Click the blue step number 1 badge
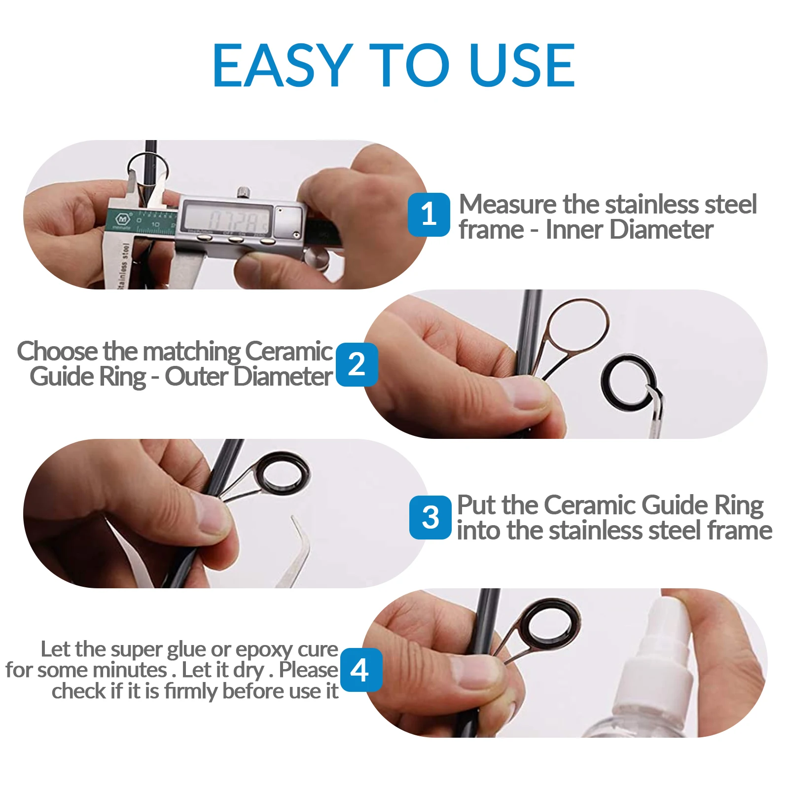[429, 215]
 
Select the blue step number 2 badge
[357, 364]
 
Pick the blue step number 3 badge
[430, 517]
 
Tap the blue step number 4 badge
[360, 670]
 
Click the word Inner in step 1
[575, 230]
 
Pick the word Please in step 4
[309, 670]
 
